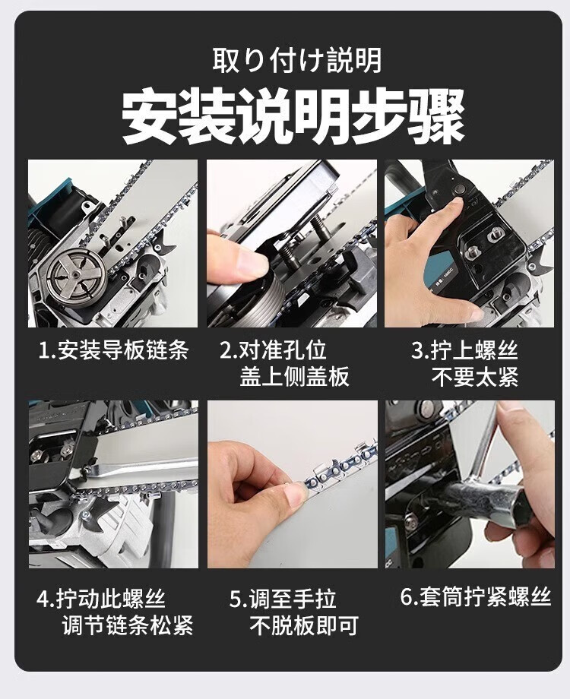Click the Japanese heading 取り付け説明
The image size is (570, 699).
(296, 61)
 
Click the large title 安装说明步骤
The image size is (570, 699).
(293, 117)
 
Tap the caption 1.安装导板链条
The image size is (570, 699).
(114, 350)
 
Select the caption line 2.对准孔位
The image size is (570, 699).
(273, 350)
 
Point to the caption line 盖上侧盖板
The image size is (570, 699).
(294, 377)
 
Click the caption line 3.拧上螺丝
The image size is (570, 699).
(464, 350)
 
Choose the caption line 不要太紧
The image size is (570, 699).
(475, 377)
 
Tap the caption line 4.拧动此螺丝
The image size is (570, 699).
(101, 599)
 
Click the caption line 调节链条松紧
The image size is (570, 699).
(128, 625)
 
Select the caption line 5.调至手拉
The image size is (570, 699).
(283, 599)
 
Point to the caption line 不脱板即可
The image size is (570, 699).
(304, 625)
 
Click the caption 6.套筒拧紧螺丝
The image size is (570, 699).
(476, 597)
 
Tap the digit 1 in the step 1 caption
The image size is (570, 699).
(43, 351)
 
